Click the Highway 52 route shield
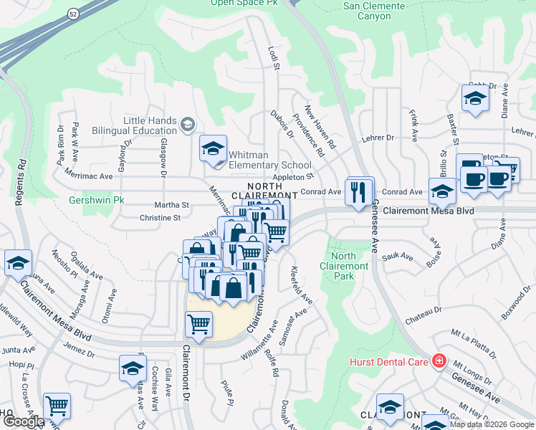click(x=73, y=14)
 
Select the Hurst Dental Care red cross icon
click(x=438, y=361)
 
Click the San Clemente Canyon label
click(x=373, y=11)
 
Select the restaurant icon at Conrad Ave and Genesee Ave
click(x=360, y=192)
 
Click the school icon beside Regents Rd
click(x=18, y=262)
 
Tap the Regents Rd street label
click(x=21, y=173)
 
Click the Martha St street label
click(x=176, y=205)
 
